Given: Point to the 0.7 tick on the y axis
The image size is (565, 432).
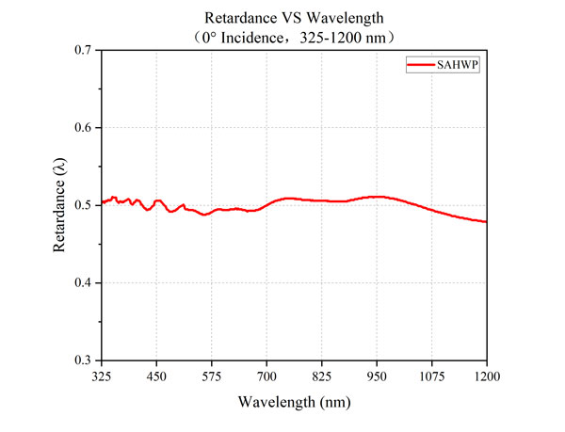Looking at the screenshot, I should (83, 49).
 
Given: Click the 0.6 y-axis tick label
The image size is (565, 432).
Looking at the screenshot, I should (83, 127).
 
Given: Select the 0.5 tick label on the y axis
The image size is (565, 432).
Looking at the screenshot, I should (83, 205).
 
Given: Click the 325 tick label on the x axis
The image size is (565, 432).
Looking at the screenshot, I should (102, 376).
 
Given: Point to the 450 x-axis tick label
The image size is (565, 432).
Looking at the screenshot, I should (156, 376).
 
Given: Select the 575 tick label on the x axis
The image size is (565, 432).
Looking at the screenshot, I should (212, 376).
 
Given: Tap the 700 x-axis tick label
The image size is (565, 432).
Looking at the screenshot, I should (266, 376).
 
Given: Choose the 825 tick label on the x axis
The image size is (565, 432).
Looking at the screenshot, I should (322, 376).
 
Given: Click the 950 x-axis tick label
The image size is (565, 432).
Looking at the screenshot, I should (377, 376).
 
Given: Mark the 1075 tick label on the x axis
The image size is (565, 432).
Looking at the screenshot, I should (432, 376).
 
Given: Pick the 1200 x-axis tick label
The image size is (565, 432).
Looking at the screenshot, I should (486, 376).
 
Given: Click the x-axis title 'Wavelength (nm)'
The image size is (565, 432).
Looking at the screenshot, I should (294, 401).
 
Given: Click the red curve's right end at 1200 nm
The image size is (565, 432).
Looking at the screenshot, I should (486, 222).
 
